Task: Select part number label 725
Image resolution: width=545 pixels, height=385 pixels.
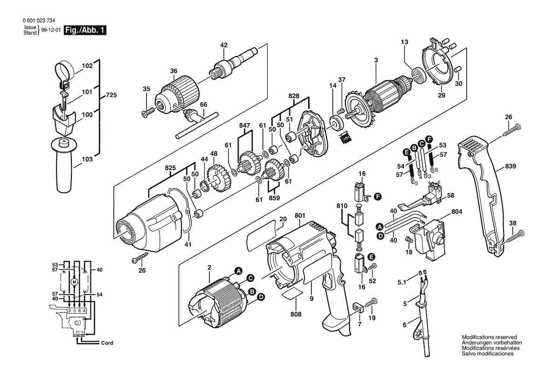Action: (x=111, y=95)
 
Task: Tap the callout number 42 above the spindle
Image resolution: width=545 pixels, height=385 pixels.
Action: (x=224, y=45)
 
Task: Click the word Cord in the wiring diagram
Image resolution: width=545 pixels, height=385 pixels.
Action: (x=107, y=343)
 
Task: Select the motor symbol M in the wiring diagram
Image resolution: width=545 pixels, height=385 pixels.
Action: (x=73, y=282)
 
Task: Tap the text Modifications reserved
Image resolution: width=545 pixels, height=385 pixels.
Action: (x=487, y=337)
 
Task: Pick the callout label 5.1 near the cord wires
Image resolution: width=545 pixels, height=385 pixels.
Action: (x=402, y=282)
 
